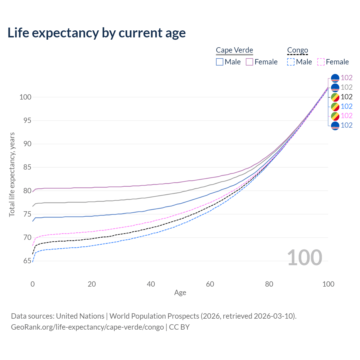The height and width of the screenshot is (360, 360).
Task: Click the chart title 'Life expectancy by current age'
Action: [96, 33]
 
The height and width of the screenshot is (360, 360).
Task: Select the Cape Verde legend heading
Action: [234, 50]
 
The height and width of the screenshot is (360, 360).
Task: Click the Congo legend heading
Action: [298, 50]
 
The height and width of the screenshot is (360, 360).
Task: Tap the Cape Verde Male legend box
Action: [220, 62]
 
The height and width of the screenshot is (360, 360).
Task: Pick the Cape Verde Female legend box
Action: [249, 62]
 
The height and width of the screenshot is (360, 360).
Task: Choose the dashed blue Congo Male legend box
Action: [291, 62]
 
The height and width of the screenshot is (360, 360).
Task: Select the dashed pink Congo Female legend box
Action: [321, 62]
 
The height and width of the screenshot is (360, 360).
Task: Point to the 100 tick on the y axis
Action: [25, 97]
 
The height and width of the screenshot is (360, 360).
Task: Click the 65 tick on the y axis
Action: [27, 261]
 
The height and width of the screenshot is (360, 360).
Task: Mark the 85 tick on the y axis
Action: [27, 167]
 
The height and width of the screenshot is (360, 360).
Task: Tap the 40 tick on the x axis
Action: [151, 284]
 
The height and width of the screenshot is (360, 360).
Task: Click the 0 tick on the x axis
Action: [33, 284]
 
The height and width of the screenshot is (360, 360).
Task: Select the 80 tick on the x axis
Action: [269, 284]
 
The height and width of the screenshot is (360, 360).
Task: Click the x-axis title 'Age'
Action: [180, 293]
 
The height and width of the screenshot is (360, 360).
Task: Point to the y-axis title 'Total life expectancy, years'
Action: [12, 174]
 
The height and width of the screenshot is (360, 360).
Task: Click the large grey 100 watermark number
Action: [304, 257]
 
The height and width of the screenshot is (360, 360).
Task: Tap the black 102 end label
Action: [346, 97]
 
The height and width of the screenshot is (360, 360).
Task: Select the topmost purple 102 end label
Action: [346, 78]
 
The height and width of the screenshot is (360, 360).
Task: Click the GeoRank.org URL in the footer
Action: [87, 327]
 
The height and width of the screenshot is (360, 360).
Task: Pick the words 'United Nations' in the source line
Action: [80, 316]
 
